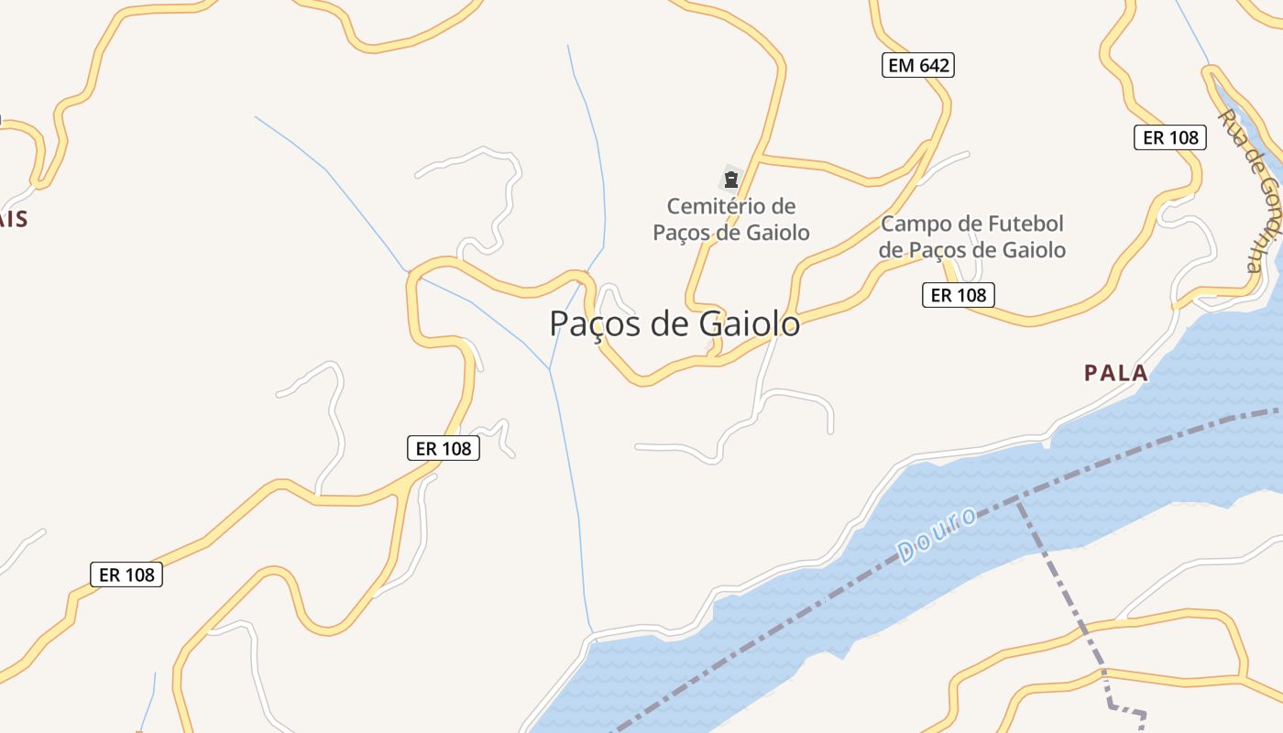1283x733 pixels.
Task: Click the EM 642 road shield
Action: [918, 65]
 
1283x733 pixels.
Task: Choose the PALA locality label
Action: [1115, 373]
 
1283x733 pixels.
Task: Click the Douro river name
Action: [937, 535]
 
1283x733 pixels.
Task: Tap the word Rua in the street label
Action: [1230, 126]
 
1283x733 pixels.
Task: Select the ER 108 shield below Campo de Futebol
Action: [959, 295]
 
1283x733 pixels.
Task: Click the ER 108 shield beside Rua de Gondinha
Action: [1169, 137]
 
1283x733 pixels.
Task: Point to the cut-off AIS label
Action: [13, 219]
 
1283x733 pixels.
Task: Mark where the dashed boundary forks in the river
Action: [1018, 499]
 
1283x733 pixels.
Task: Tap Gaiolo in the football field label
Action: [1034, 249]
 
